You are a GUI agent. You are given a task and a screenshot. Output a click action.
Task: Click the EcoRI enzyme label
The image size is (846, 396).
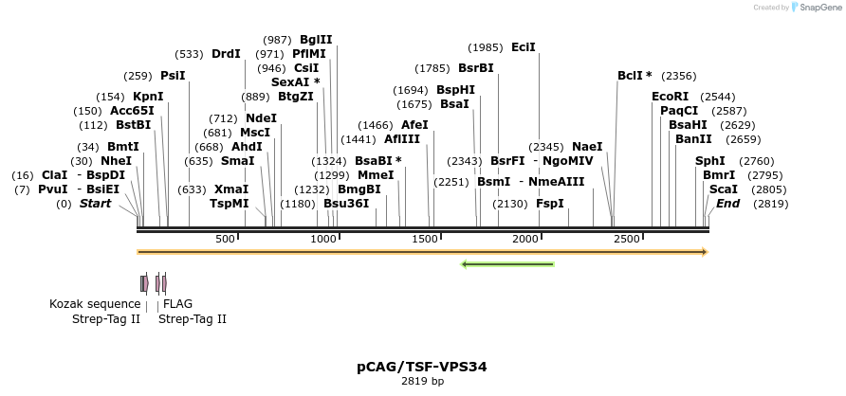670,97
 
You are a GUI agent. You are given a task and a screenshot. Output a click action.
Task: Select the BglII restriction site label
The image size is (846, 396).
316,40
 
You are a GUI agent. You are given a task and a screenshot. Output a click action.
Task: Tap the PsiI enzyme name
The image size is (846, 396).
173,76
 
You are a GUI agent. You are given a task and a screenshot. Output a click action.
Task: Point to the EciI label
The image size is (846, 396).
524,47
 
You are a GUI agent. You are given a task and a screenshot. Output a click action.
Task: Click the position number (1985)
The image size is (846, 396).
486,47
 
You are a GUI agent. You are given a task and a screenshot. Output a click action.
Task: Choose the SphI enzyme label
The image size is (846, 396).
709,161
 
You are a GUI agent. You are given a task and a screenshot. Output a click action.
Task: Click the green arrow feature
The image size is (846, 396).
507,263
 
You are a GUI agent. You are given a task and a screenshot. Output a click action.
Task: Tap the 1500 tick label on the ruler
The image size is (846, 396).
424,239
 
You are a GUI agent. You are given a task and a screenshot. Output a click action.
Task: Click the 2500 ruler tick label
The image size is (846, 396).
626,239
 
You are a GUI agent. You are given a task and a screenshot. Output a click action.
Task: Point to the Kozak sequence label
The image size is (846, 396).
95,304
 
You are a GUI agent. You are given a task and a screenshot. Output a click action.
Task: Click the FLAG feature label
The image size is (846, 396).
177,304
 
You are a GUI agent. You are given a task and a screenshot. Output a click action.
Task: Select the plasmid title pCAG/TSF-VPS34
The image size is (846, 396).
422,366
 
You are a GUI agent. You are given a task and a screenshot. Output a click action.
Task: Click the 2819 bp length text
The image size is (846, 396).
422,382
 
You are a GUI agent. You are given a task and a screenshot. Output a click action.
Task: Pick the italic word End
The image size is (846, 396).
727,204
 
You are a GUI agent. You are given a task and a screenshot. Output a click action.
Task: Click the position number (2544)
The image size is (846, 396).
717,97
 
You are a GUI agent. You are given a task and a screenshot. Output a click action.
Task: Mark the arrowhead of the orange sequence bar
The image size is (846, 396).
705,252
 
